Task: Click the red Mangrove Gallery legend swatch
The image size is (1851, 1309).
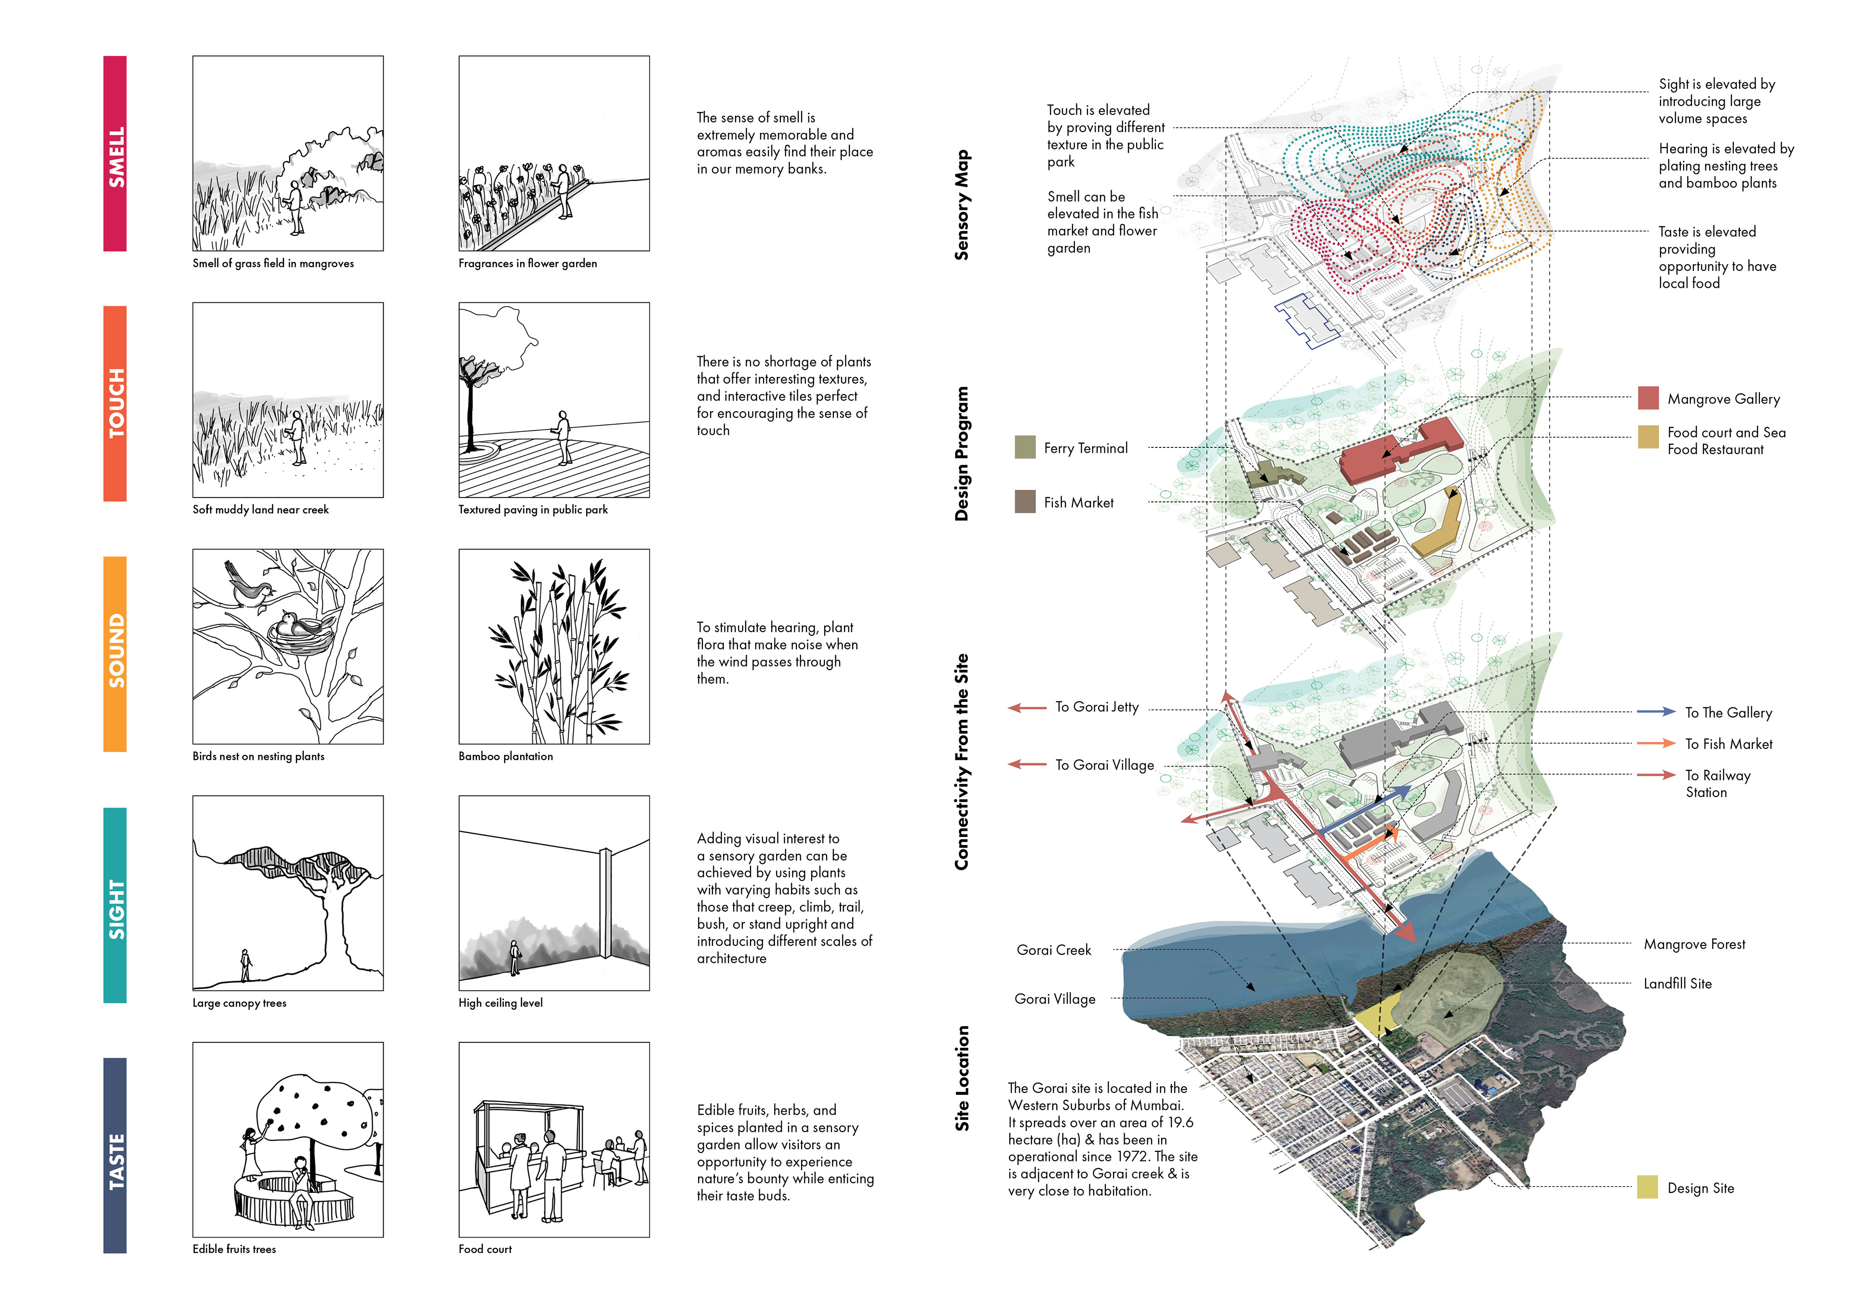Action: (1648, 398)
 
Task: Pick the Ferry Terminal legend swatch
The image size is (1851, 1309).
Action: (1025, 447)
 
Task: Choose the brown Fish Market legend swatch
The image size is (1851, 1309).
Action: (1025, 501)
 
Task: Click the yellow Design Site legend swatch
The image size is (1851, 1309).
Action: (1647, 1187)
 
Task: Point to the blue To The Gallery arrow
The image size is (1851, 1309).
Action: (1656, 711)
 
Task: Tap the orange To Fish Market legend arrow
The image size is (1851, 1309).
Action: (1656, 743)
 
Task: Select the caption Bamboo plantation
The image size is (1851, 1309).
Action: (506, 756)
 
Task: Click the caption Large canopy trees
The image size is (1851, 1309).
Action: (240, 1003)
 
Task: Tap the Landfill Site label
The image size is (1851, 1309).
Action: (1677, 983)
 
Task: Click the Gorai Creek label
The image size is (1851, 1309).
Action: (1054, 950)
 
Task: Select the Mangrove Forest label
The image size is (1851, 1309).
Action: (1694, 944)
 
